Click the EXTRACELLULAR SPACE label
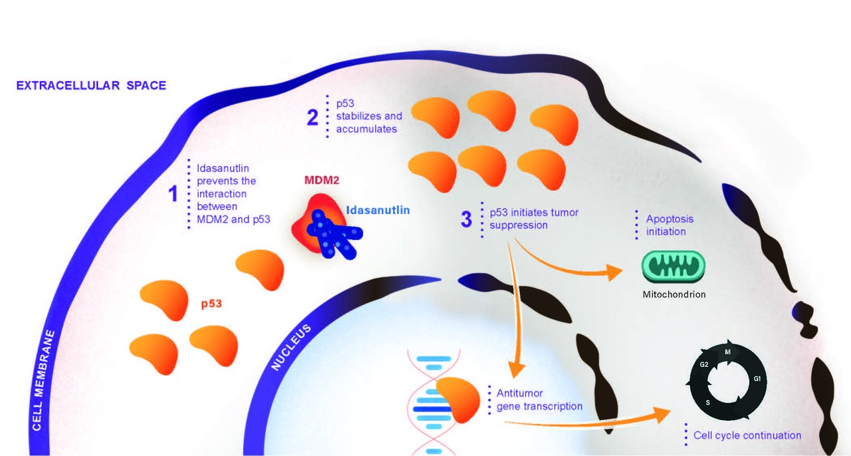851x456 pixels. (91, 86)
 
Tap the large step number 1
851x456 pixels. (174, 194)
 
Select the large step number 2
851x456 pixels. (312, 118)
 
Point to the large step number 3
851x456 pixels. (468, 219)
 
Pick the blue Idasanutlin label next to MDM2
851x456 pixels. (378, 210)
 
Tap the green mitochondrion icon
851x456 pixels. (673, 267)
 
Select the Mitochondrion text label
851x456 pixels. (673, 294)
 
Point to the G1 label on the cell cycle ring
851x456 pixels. (757, 379)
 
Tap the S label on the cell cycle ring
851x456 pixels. (707, 403)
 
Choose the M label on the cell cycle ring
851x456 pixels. (728, 352)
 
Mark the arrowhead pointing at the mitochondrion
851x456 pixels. (614, 272)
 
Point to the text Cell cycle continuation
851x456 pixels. (747, 435)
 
